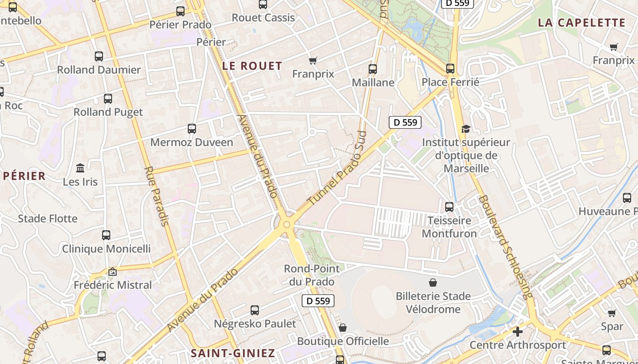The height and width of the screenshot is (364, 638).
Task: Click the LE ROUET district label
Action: click(x=252, y=66)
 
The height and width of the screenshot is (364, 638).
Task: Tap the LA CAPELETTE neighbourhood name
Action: click(x=581, y=23)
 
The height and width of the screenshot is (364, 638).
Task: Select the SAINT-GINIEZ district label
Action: click(x=232, y=353)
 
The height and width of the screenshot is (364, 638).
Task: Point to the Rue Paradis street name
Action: click(x=157, y=196)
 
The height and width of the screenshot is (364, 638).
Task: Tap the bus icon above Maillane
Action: click(x=373, y=69)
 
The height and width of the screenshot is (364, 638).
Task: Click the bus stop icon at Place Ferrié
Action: click(x=450, y=69)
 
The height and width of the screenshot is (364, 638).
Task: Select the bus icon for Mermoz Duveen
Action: click(x=192, y=129)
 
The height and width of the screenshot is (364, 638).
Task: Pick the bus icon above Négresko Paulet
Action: click(x=255, y=310)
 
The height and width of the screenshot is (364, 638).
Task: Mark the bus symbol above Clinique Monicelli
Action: click(x=106, y=235)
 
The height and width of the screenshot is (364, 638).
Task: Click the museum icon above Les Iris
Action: click(x=80, y=168)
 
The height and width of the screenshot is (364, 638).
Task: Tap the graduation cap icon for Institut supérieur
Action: click(x=465, y=129)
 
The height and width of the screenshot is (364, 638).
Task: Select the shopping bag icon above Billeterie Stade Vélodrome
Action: click(x=432, y=283)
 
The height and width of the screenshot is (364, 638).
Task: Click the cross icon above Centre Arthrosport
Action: click(x=517, y=332)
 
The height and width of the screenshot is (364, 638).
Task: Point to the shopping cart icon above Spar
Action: click(x=612, y=313)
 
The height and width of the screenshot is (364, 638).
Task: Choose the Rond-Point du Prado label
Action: click(x=312, y=275)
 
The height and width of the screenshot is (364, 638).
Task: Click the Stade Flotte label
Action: click(x=47, y=219)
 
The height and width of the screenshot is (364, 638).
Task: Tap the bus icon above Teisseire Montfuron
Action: click(x=449, y=207)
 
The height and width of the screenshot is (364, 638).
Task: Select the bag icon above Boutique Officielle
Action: click(x=343, y=328)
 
